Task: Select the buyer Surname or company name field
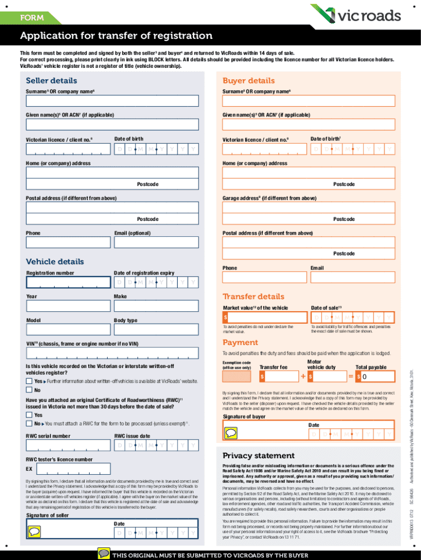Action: (x=308, y=101)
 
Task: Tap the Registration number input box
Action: (x=68, y=282)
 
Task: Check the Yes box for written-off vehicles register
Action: (x=30, y=381)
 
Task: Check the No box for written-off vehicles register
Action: (x=30, y=390)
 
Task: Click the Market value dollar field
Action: (x=264, y=318)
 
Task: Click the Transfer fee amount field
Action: (x=279, y=377)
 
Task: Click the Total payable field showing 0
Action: (x=375, y=377)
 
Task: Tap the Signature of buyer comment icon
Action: (x=231, y=434)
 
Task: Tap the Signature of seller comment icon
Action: (x=34, y=531)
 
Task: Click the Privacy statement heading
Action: (x=258, y=456)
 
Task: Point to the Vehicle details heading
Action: (x=55, y=261)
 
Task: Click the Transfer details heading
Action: (x=253, y=296)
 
